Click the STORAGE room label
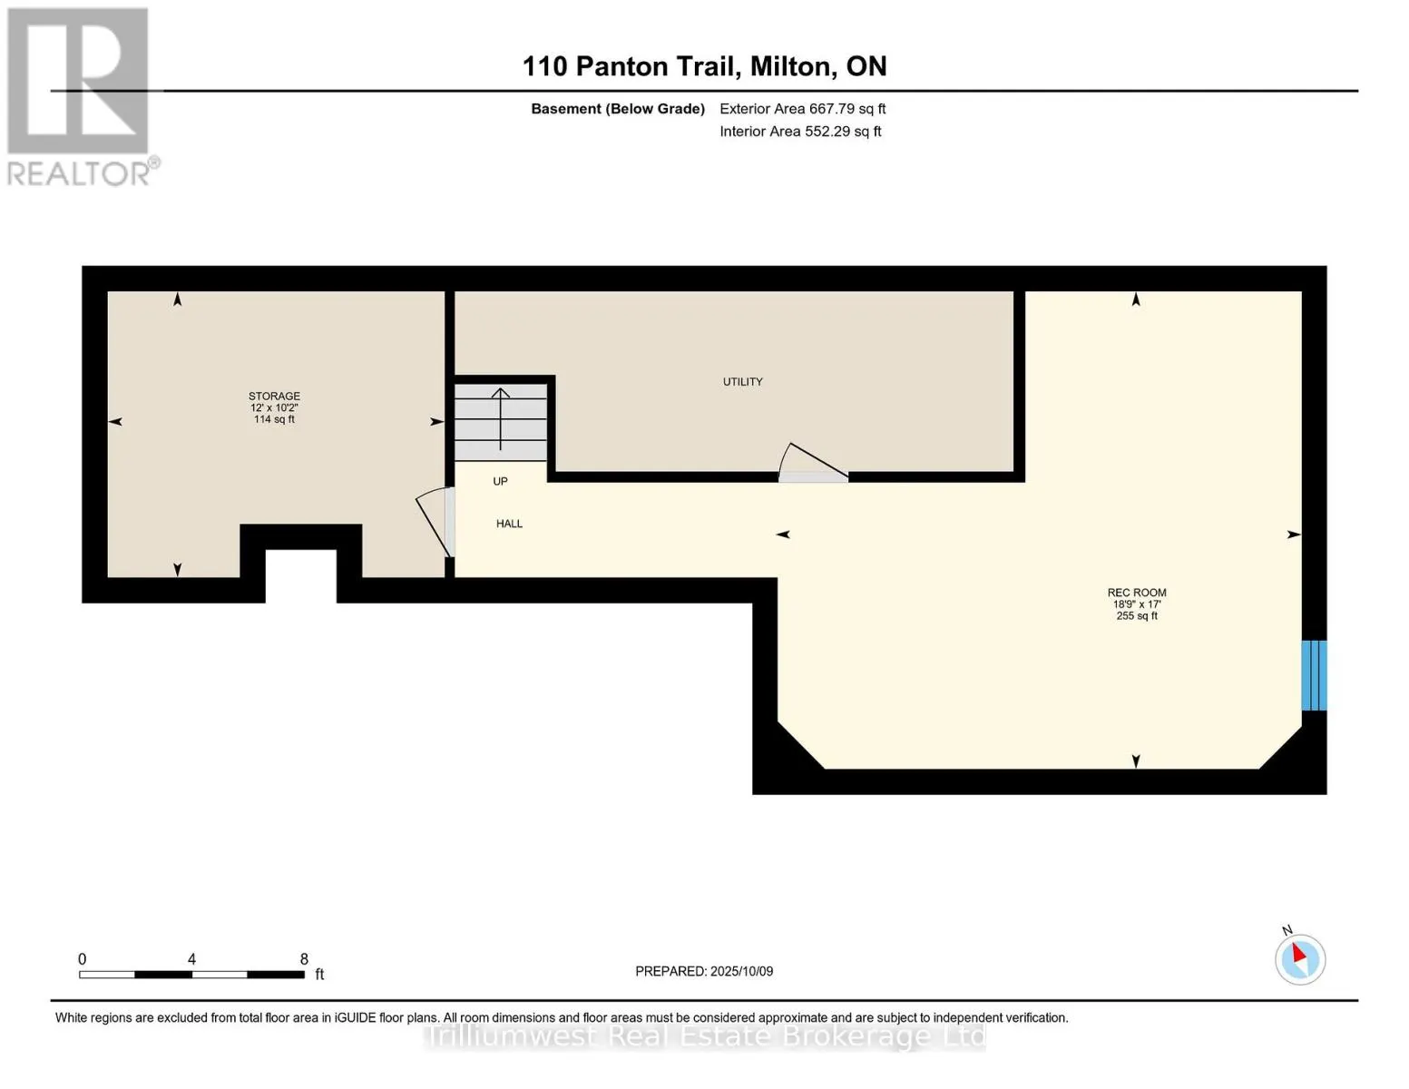tap(274, 397)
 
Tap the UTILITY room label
tap(742, 382)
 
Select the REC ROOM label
tap(1136, 593)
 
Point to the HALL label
tap(509, 524)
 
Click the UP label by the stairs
tap(500, 482)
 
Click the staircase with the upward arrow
tap(501, 421)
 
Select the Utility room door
tap(812, 464)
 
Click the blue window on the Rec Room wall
tap(1314, 675)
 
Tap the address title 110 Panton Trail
tap(704, 66)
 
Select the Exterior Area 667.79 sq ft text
tap(802, 109)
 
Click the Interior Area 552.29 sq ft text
tap(800, 132)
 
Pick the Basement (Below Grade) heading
tap(617, 109)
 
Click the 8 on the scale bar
tap(304, 959)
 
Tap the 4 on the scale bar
tap(191, 959)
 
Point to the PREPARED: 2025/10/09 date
tap(704, 971)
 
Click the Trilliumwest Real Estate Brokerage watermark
tap(704, 1036)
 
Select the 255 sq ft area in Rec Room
tap(1136, 616)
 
